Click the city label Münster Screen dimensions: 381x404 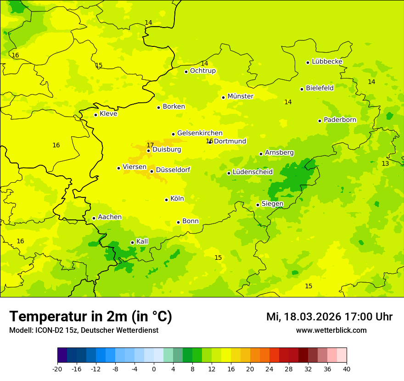(240, 96)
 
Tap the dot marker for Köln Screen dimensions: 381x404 (166, 200)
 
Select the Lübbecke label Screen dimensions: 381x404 (327, 62)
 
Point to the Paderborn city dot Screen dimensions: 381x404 (320, 121)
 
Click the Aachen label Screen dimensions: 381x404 (110, 217)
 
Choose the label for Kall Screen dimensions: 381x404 (142, 241)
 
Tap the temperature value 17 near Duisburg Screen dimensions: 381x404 (150, 145)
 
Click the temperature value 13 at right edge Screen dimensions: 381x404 (385, 164)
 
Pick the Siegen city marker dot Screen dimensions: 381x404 (258, 205)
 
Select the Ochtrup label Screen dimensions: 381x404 (202, 71)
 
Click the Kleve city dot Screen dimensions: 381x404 (95, 115)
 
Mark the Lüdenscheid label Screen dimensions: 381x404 (252, 172)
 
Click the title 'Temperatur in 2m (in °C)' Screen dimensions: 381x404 (90, 317)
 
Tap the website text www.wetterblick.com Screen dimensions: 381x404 (331, 331)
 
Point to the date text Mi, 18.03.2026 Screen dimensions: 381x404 (304, 317)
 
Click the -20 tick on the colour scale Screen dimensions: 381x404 (57, 369)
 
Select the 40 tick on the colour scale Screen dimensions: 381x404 (347, 369)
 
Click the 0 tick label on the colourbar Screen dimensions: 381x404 (154, 369)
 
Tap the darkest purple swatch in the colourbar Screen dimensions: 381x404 (62, 355)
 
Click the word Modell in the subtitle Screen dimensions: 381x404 (20, 331)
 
